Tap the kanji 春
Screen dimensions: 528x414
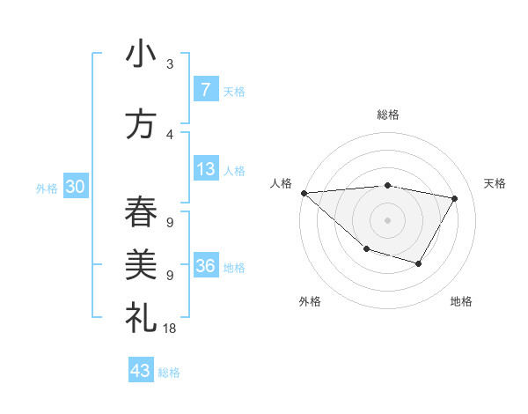point(141,212)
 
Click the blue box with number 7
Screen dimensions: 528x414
point(205,89)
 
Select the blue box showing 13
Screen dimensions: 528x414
point(205,169)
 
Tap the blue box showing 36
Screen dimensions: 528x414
point(206,266)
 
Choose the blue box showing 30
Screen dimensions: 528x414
point(75,187)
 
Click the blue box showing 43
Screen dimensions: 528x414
point(141,371)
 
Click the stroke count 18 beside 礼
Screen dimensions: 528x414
point(170,328)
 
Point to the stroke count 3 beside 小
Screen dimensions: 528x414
point(170,63)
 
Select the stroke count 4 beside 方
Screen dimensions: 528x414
point(170,135)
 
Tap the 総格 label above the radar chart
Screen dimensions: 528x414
point(388,115)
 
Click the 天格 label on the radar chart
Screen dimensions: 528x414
point(495,183)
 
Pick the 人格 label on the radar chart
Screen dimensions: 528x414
point(281,183)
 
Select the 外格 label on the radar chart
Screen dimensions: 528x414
point(310,301)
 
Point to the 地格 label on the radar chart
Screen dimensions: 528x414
point(461,301)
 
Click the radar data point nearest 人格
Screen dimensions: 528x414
point(304,192)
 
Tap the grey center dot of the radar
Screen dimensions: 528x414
point(387,219)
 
